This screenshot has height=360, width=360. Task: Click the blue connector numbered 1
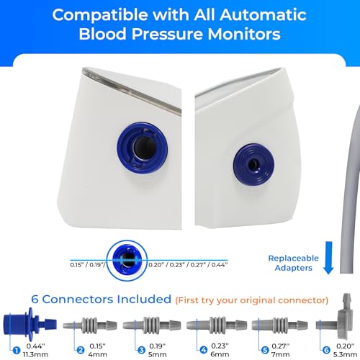[x=30, y=324]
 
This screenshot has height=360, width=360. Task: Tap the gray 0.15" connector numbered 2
[x=90, y=325]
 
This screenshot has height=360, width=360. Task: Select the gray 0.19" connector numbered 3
[x=152, y=325]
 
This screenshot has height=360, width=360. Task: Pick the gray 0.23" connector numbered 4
[x=217, y=325]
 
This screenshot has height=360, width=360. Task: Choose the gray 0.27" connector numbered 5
[x=279, y=325]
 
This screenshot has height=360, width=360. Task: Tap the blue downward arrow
[x=328, y=258]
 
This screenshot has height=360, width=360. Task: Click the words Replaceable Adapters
[x=294, y=263]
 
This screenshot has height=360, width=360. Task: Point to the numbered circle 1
[x=17, y=351]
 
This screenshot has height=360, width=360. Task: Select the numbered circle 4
[x=204, y=350]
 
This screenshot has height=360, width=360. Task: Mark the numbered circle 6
[x=326, y=350]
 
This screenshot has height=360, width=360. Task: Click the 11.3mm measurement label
[x=35, y=354]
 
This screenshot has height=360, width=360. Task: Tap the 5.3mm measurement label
[x=345, y=354]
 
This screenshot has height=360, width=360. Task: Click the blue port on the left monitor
[x=143, y=148]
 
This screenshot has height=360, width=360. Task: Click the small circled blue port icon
[x=127, y=260]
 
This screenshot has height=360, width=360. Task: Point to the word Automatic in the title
[x=263, y=15]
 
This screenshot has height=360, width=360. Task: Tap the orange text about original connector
[x=252, y=300]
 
